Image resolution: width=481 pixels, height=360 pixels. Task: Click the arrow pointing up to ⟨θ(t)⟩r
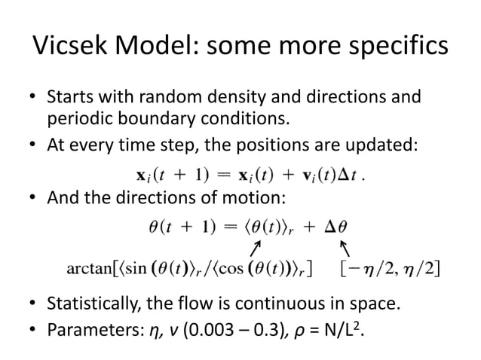[256, 246]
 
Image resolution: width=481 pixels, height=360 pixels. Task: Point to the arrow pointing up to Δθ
[346, 246]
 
